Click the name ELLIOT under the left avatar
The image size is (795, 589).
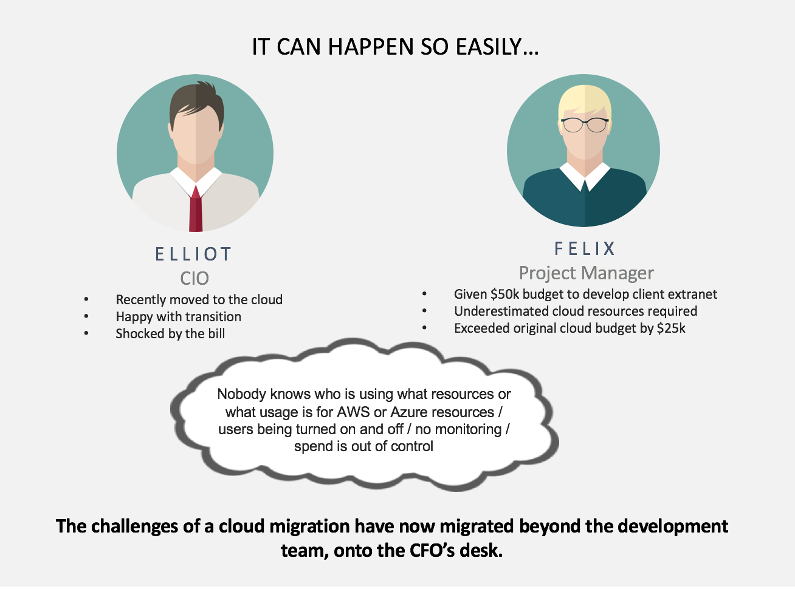(193, 254)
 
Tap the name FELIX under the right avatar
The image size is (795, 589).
(585, 249)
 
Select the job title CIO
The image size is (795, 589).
(194, 278)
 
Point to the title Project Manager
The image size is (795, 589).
(587, 273)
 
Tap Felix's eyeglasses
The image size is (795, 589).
(585, 125)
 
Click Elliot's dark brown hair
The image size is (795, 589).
(197, 102)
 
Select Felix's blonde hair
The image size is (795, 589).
(585, 102)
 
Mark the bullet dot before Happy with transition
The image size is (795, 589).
(86, 316)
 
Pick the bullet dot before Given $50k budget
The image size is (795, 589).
(424, 294)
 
